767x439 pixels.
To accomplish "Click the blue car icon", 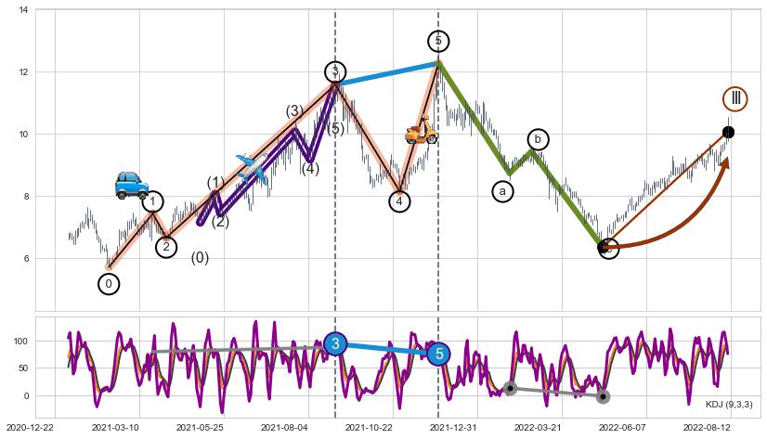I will [x=131, y=184].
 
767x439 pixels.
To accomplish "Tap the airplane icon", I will [x=252, y=167].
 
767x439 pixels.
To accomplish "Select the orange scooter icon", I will [x=422, y=130].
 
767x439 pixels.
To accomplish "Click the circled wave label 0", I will [x=109, y=284].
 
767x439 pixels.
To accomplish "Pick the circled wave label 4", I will [x=399, y=201].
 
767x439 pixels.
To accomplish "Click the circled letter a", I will [x=503, y=191].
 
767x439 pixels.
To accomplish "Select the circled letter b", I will [x=538, y=139].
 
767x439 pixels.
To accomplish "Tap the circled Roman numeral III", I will [x=735, y=98].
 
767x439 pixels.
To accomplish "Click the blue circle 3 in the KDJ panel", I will [x=335, y=343].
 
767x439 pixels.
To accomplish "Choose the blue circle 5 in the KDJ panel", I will [x=439, y=353].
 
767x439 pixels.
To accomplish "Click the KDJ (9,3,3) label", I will [x=728, y=404].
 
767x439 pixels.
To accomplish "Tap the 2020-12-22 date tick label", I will [x=29, y=427].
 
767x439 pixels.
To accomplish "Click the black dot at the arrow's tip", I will [x=728, y=132].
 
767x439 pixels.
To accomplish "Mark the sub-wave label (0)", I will [x=200, y=258].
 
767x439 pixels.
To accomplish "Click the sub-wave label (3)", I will [x=294, y=111].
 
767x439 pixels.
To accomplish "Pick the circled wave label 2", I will [x=166, y=247].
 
